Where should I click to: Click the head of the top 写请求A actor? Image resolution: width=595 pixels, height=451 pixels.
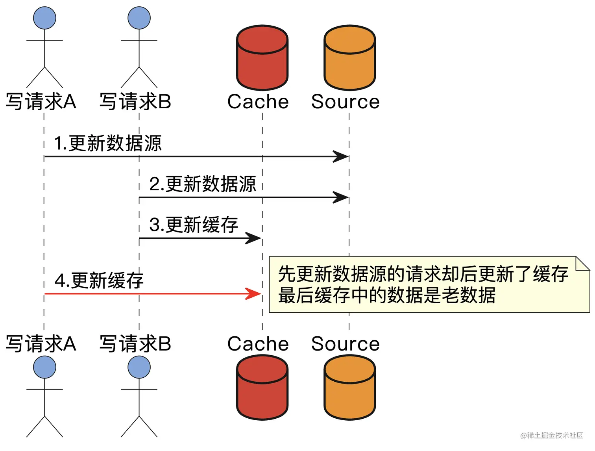[x=44, y=18]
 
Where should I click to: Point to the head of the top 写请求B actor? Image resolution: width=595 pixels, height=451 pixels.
[x=139, y=18]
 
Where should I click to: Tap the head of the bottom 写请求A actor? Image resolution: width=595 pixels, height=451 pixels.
[x=44, y=367]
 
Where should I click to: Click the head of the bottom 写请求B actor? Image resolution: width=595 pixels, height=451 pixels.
[x=139, y=367]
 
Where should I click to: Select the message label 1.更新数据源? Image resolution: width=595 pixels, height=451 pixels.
[x=107, y=143]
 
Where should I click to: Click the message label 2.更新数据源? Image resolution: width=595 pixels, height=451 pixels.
[x=203, y=184]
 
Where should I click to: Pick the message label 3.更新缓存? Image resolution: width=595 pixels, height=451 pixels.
[x=193, y=225]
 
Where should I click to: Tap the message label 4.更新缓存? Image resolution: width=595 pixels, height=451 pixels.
[x=99, y=281]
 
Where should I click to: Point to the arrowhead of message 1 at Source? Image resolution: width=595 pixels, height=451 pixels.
[x=340, y=156]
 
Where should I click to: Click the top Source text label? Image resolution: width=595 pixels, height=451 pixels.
[x=345, y=102]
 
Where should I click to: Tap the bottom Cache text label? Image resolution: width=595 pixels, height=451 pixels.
[x=258, y=343]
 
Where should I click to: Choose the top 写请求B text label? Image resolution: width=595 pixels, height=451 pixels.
[x=135, y=102]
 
